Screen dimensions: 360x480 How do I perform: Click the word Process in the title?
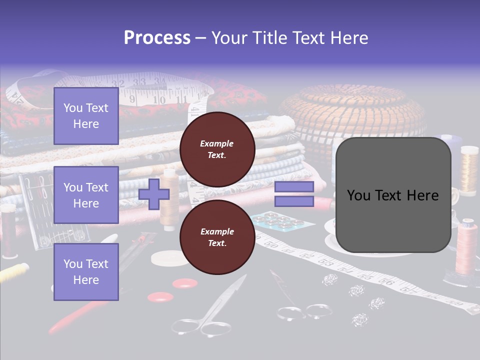point(157,37)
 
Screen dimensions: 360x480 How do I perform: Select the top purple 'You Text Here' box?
point(86,116)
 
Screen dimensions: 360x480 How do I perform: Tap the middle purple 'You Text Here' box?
point(86,195)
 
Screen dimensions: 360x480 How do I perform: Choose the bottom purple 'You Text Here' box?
point(86,271)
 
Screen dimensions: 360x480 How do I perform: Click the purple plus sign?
point(153,194)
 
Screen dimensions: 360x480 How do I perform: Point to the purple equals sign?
point(294,194)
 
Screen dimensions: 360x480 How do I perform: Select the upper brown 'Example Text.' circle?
point(217,149)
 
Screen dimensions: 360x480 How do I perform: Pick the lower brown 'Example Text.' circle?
point(217,237)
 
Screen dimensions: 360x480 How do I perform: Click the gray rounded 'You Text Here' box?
point(393,195)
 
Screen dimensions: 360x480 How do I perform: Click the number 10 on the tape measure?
point(159,100)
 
